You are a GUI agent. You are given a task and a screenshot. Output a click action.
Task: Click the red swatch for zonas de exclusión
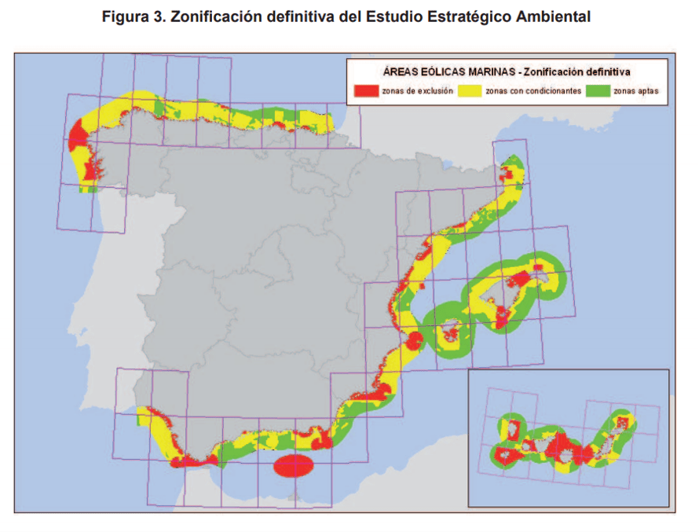pos(367,91)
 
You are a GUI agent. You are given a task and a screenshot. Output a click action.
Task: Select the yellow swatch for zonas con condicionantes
pos(470,91)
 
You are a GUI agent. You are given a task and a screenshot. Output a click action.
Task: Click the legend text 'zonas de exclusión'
pos(417,91)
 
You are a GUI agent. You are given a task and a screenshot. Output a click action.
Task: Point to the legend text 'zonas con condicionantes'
pos(533,91)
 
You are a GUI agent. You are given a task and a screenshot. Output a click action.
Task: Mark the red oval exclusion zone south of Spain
pos(293,466)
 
